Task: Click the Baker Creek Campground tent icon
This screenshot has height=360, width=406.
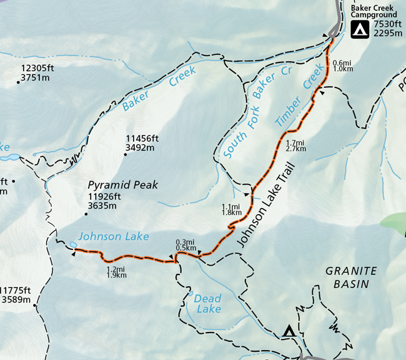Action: pos(359,29)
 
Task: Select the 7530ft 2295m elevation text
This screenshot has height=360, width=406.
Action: pos(388,29)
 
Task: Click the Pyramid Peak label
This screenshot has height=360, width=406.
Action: pos(123,185)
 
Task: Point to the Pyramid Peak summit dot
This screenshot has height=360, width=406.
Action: pos(86,214)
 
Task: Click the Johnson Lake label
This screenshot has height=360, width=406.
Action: pos(114,236)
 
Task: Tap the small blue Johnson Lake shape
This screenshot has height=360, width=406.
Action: pos(74,244)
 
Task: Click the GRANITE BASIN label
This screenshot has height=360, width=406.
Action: pos(351,277)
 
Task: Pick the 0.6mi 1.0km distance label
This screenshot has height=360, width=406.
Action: pos(344,66)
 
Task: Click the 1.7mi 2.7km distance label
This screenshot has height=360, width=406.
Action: pos(295,145)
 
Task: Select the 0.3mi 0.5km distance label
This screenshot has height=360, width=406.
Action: pos(186,245)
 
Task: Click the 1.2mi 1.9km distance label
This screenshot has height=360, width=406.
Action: pos(117,271)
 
